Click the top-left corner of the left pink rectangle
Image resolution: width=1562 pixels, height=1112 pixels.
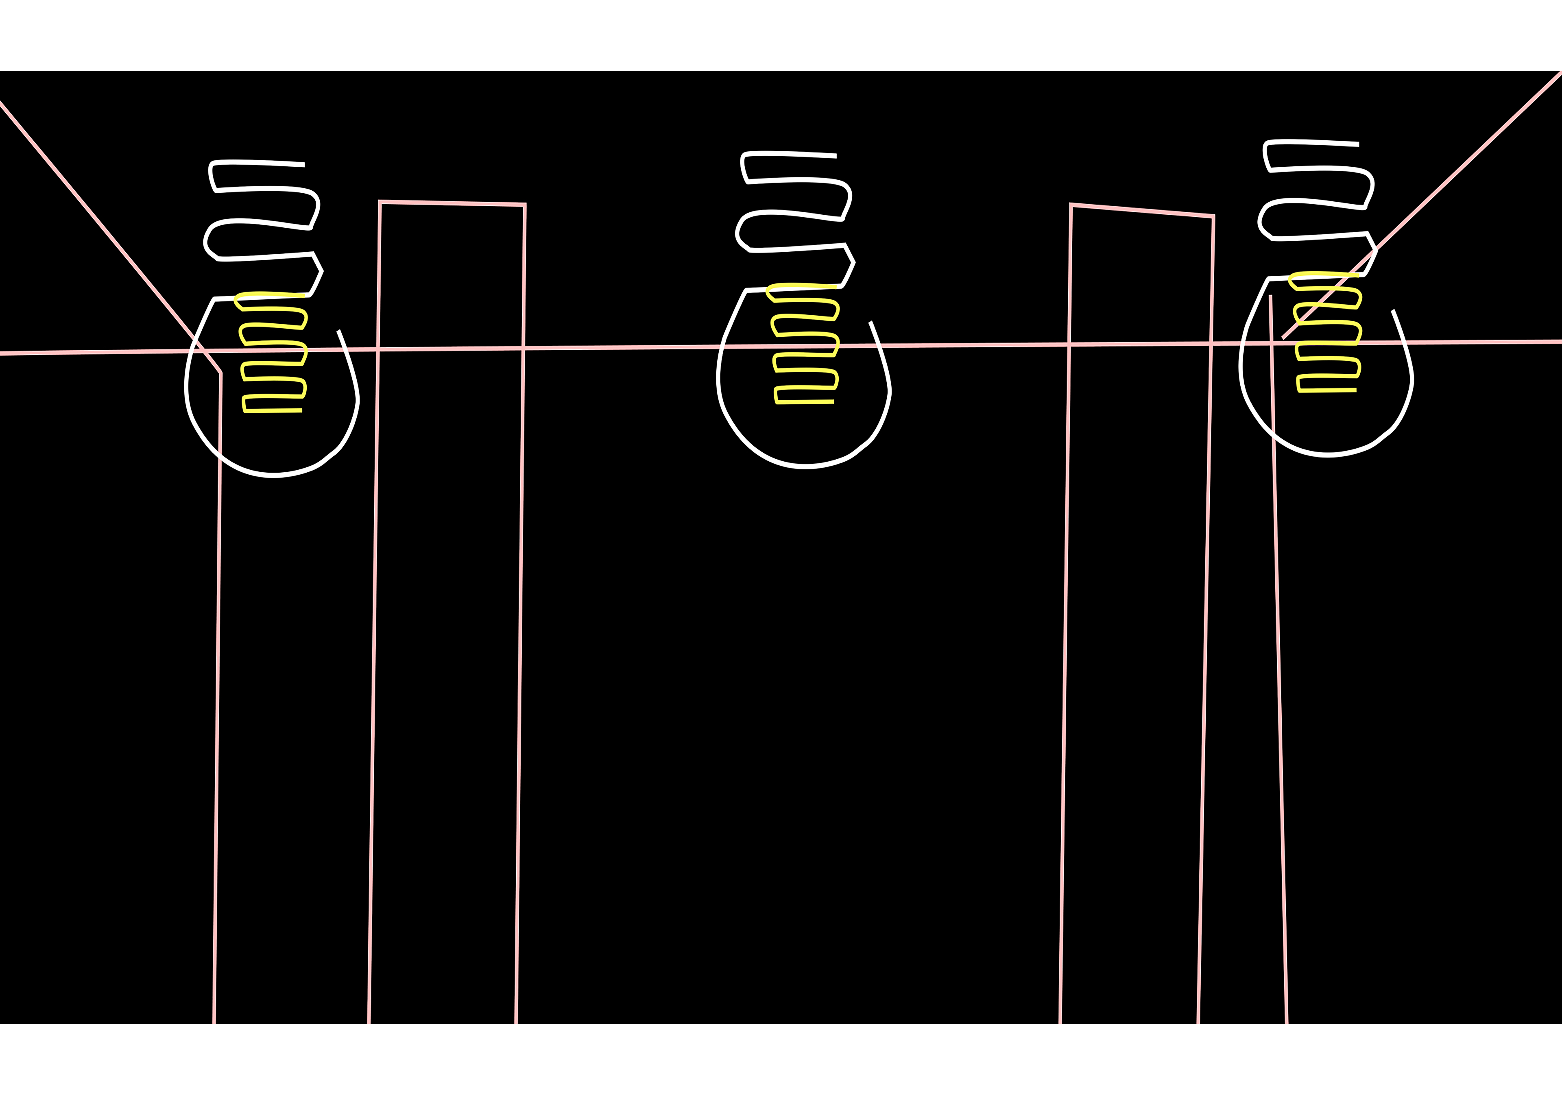pos(380,202)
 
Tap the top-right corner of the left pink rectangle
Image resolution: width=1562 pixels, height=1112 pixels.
pos(525,205)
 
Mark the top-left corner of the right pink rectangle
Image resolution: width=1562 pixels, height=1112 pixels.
pos(1071,205)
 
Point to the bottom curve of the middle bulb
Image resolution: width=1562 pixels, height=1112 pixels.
pos(805,466)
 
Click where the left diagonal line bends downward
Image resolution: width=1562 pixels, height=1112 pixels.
pos(220,373)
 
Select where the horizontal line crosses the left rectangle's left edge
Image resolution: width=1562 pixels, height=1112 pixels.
pos(378,350)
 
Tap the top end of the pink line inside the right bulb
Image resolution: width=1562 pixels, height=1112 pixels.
pos(1270,296)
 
